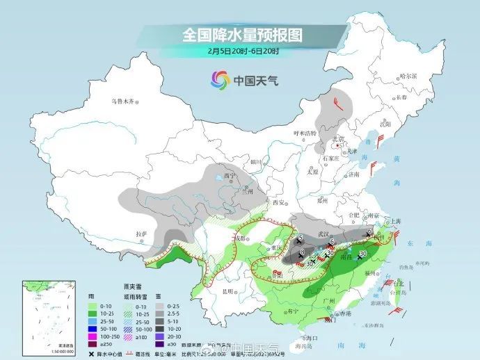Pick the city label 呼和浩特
[x=304, y=133]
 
